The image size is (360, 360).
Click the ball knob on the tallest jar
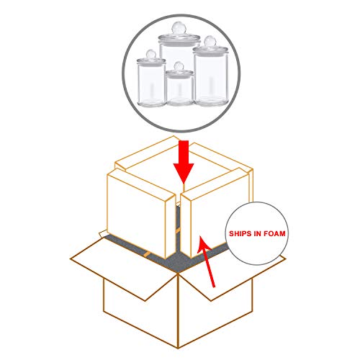(179, 27)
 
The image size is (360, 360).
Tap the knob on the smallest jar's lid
(179, 66)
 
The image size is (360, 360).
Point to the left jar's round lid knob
(151, 55)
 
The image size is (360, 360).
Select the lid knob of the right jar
(210, 41)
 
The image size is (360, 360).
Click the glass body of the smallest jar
(179, 90)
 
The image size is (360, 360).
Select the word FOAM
(274, 233)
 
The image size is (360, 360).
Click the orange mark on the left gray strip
(147, 255)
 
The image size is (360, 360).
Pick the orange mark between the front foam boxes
(178, 231)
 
